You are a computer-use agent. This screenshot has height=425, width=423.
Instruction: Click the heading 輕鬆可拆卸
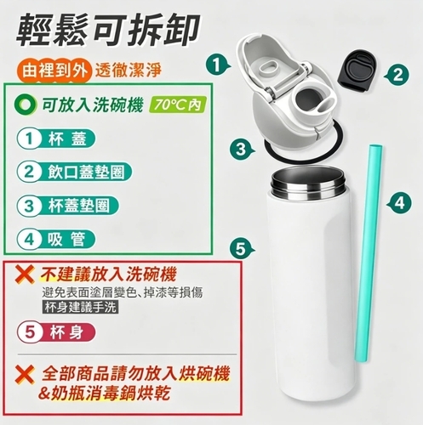tap(107, 31)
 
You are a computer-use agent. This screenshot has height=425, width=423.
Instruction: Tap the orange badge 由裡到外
tap(54, 71)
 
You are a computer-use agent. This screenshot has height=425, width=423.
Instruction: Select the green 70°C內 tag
tap(178, 105)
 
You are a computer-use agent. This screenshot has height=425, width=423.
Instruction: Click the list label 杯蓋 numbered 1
tap(56, 139)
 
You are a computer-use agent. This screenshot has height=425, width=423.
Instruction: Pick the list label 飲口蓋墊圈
tap(74, 173)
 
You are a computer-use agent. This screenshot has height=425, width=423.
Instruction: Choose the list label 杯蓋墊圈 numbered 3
tap(67, 206)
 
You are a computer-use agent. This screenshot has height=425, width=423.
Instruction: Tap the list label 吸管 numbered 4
tap(56, 240)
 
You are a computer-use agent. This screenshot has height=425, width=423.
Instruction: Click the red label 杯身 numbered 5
tap(56, 332)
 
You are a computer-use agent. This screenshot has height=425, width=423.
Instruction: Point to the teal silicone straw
tap(368, 254)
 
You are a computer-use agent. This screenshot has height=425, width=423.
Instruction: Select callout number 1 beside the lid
tap(218, 65)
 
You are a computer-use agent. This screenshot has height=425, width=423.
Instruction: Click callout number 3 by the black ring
tap(241, 150)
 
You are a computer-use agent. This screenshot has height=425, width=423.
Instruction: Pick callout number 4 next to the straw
tap(400, 203)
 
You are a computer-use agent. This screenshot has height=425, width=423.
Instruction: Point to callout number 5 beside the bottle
tap(241, 249)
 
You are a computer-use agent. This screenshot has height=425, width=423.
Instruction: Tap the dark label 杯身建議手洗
tap(81, 308)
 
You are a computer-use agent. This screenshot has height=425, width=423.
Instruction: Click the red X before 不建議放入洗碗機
tap(25, 275)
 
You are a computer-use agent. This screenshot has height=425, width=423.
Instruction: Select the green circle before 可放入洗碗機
tap(26, 105)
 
